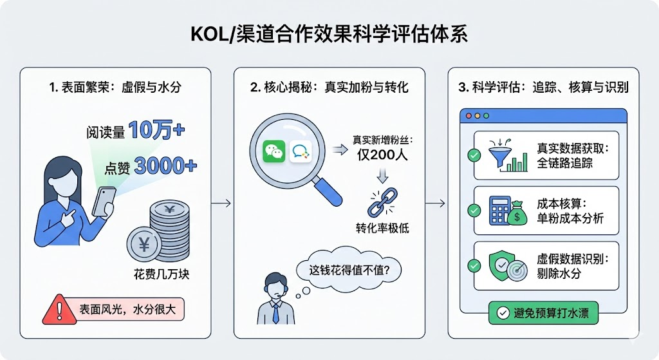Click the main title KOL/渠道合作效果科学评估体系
329,34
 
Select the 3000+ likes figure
166,167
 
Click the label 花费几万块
153,276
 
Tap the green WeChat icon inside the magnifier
273,152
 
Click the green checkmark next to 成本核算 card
474,210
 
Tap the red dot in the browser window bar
468,116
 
